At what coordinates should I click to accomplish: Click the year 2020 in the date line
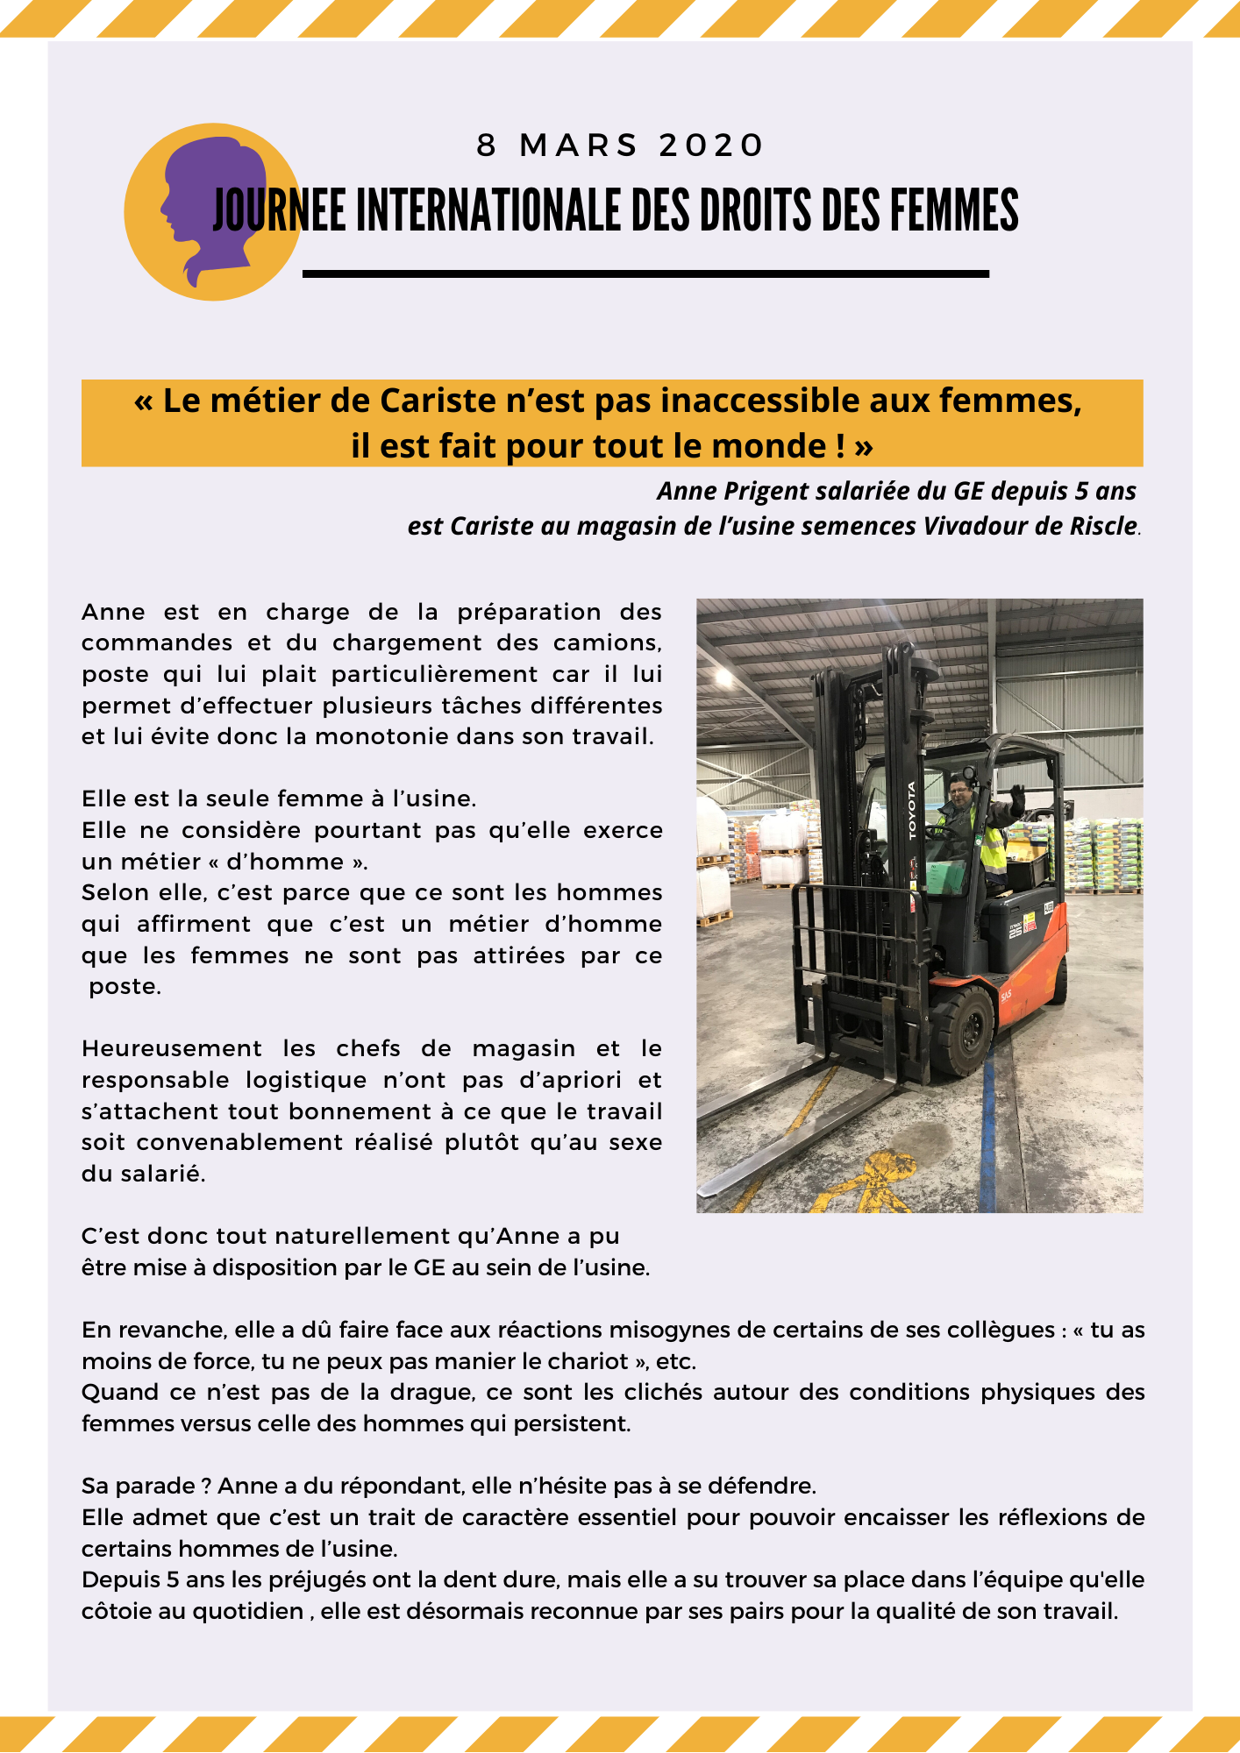711,145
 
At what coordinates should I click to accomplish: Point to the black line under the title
645,274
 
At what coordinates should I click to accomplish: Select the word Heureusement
172,1048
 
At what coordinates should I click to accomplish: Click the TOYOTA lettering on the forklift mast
912,809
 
